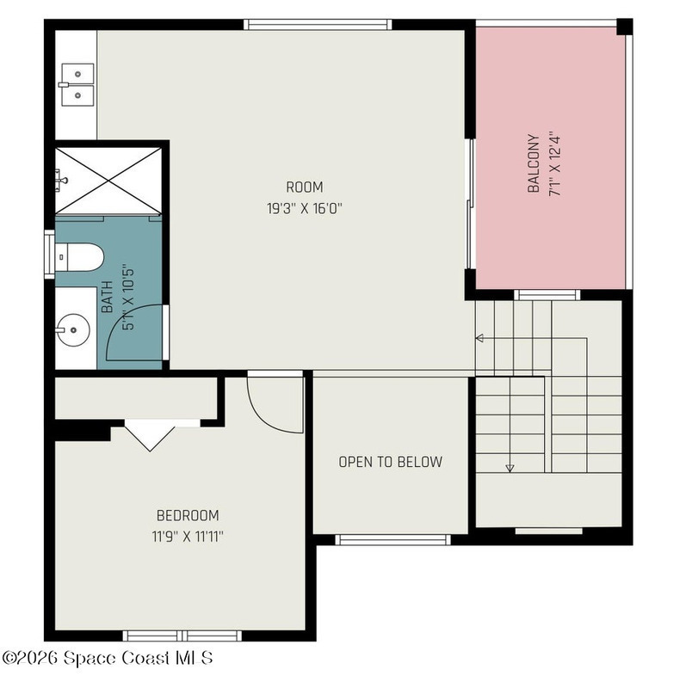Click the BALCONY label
coord(534,163)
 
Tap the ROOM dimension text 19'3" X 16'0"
coord(305,208)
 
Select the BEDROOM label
coord(188,515)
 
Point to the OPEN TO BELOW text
coord(390,462)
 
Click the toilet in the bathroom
coord(79,257)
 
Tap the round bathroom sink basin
coord(73,329)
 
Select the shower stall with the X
coord(108,181)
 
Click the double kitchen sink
coord(77,84)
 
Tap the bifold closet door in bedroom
coord(150,435)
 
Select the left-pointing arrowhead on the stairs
coord(479,338)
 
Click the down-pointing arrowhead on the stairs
coord(510,468)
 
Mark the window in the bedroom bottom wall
coord(182,636)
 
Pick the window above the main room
coord(318,25)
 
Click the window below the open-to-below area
coord(392,540)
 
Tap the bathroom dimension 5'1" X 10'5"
coord(128,298)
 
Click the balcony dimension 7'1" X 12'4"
coord(554,163)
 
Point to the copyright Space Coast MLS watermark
coord(108,658)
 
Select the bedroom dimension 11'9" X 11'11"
coord(188,537)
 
